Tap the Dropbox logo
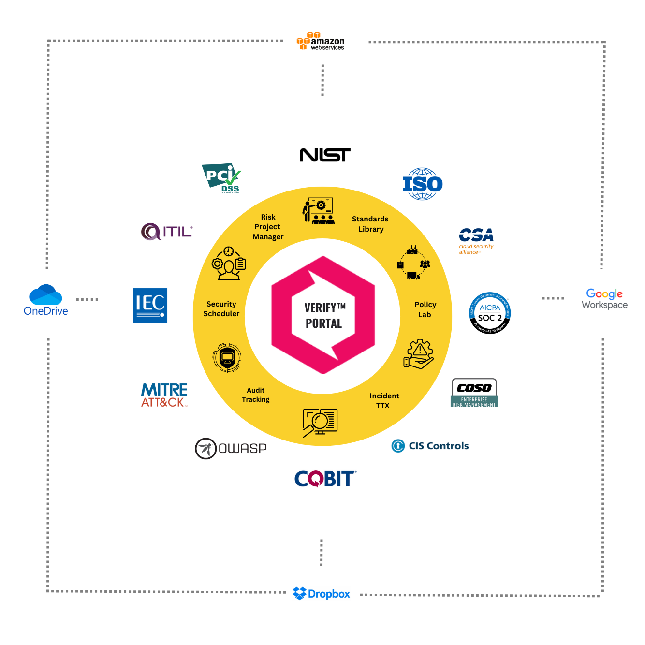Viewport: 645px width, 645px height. pyautogui.click(x=322, y=593)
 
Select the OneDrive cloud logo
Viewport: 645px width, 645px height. pyautogui.click(x=46, y=300)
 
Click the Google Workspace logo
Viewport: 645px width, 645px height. pyautogui.click(x=604, y=299)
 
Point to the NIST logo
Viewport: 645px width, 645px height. pyautogui.click(x=325, y=155)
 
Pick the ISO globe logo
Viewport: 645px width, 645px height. pyautogui.click(x=423, y=184)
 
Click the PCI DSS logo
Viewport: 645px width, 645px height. pyautogui.click(x=221, y=178)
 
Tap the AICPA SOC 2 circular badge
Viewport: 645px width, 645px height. pyautogui.click(x=490, y=313)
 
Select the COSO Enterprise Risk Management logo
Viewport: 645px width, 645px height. pyautogui.click(x=474, y=393)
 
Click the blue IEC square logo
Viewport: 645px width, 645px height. pyautogui.click(x=150, y=305)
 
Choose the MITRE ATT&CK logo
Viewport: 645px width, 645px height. pyautogui.click(x=164, y=395)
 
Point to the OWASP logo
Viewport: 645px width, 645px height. pyautogui.click(x=231, y=448)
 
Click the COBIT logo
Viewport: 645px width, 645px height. pyautogui.click(x=325, y=479)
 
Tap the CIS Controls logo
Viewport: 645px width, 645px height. pyautogui.click(x=430, y=446)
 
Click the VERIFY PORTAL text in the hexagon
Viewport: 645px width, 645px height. pyautogui.click(x=324, y=316)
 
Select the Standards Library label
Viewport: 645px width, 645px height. pyautogui.click(x=370, y=224)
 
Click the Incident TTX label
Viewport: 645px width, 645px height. pyautogui.click(x=384, y=400)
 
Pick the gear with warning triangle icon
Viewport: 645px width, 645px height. pyautogui.click(x=419, y=354)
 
